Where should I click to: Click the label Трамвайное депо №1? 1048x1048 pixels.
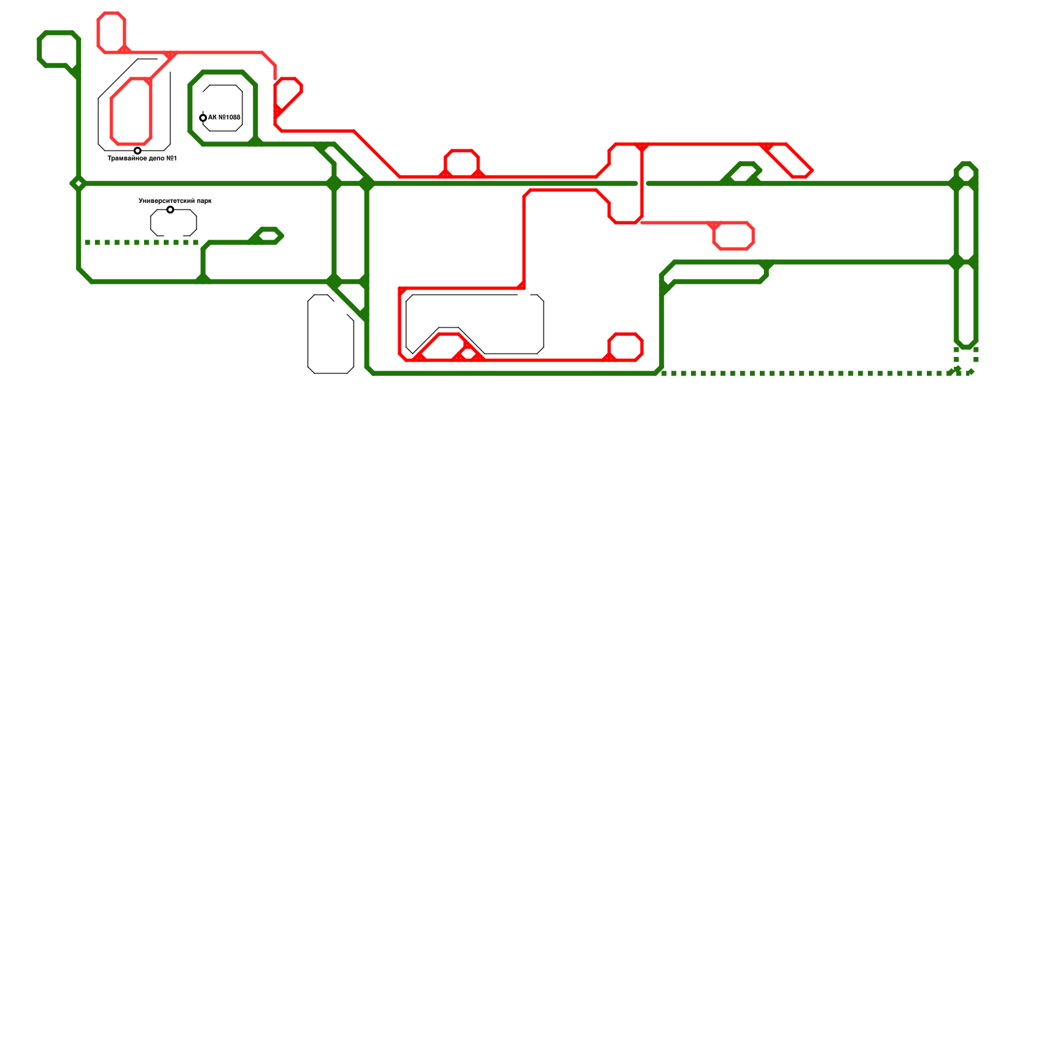142,159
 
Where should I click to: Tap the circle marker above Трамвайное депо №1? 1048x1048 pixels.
138,151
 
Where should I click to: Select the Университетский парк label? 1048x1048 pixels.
175,201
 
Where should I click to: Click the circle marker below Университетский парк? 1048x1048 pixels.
170,210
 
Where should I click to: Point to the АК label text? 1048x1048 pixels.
224,118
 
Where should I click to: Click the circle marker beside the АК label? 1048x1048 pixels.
203,118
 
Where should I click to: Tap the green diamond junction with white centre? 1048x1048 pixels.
79,183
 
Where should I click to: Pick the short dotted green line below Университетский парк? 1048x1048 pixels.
141,242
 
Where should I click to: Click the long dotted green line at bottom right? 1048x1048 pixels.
806,373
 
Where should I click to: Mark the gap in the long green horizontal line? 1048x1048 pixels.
642,183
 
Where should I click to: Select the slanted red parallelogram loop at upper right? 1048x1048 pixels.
789,160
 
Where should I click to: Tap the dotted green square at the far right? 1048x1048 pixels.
966,360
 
